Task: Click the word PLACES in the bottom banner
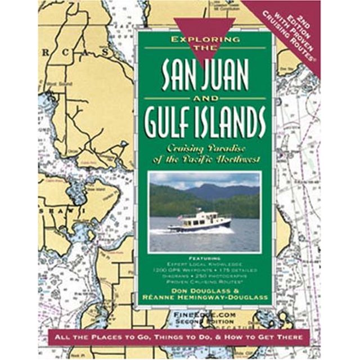(x=95, y=337)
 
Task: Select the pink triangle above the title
(x=205, y=25)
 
